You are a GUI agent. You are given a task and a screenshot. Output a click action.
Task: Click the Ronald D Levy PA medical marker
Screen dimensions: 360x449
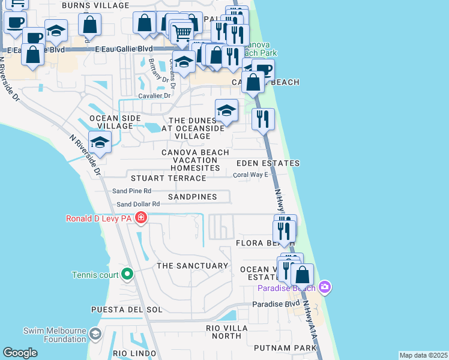click(141, 217)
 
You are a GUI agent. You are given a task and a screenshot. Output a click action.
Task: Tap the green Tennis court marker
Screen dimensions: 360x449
click(127, 275)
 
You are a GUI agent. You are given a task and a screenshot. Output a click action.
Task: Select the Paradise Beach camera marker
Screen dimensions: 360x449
click(325, 287)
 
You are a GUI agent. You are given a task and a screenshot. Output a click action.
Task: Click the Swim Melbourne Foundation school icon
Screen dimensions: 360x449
click(95, 334)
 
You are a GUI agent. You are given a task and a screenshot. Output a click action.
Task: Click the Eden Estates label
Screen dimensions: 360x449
click(268, 163)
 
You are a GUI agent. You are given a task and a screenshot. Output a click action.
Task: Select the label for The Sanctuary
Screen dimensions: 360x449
click(192, 265)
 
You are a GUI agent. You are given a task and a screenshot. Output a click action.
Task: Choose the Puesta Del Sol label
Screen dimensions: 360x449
click(127, 309)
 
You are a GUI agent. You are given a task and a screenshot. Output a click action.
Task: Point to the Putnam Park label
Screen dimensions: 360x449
click(285, 348)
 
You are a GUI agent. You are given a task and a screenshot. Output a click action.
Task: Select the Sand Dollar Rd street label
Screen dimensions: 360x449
click(138, 204)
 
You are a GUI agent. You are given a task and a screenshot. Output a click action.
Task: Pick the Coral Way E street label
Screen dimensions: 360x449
click(251, 175)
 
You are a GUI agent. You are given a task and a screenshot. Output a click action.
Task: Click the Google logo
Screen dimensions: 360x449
click(20, 353)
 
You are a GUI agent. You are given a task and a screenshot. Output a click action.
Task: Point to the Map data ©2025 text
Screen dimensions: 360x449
click(423, 355)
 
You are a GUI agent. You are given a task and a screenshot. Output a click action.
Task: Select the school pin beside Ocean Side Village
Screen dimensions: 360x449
click(100, 143)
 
